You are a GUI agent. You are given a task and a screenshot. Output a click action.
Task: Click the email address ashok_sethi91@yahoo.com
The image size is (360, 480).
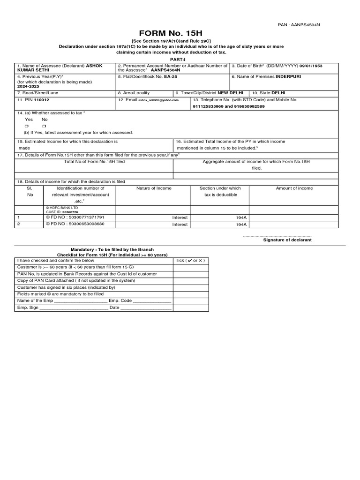[159, 100]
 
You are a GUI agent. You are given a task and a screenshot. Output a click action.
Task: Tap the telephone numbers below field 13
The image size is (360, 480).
[228, 106]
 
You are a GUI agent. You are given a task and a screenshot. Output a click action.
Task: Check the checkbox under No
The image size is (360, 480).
[44, 127]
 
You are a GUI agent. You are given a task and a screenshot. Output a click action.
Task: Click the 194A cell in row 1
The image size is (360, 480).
[241, 218]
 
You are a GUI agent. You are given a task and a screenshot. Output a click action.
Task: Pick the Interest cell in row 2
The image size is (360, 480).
[180, 225]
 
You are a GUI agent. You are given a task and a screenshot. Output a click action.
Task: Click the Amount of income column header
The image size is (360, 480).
[294, 188]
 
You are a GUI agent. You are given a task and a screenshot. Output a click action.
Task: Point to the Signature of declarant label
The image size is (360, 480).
[287, 240]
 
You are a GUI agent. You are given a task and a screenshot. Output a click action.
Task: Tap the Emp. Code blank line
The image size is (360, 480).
[152, 301]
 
